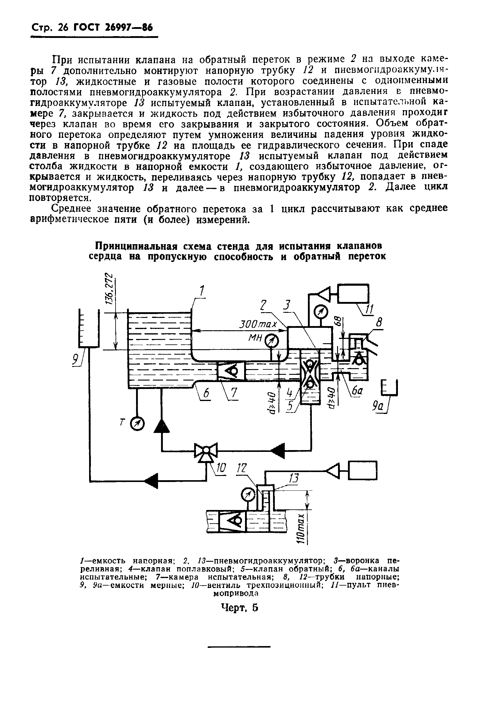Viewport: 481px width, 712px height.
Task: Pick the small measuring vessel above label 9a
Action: tap(390, 387)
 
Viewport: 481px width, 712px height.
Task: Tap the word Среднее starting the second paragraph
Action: tap(71, 209)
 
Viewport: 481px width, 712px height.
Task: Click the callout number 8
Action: tap(379, 323)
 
